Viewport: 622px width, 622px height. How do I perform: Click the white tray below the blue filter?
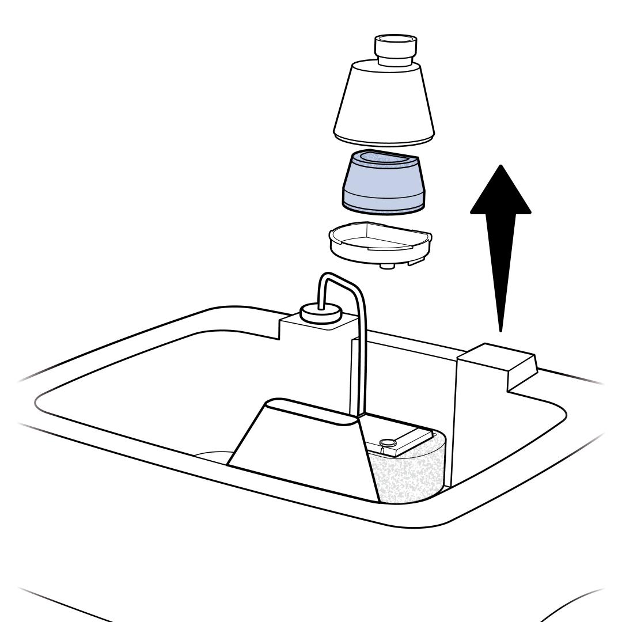[379, 245]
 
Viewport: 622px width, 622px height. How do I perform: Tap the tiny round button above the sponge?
[388, 442]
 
